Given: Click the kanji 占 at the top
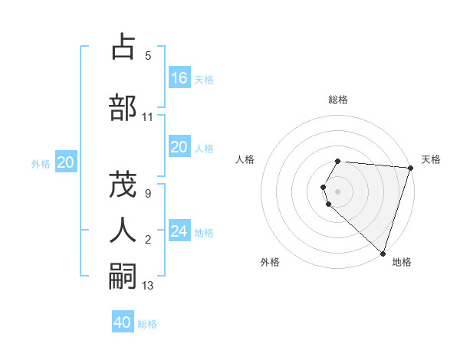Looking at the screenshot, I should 123,48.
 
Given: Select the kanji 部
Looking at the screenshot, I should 123,108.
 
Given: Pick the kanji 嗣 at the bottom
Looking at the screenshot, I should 123,275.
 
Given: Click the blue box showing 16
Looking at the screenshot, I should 179,78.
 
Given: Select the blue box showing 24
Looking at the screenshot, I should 179,231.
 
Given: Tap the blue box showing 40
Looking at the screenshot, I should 123,322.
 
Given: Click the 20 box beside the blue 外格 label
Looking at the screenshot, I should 66,162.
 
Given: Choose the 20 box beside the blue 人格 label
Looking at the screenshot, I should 179,147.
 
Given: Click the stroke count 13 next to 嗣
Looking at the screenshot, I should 148,286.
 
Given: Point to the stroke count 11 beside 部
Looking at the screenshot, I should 148,117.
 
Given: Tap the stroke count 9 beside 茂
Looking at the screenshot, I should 147,194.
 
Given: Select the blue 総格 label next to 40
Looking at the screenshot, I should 147,324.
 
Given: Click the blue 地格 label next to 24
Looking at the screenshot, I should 204,233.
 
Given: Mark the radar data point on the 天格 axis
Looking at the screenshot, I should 409,168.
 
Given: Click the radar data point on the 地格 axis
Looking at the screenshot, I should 383,253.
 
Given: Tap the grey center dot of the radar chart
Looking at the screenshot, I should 338,191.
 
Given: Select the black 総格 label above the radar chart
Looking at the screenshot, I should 338,100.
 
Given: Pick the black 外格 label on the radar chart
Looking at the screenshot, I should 270,262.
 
